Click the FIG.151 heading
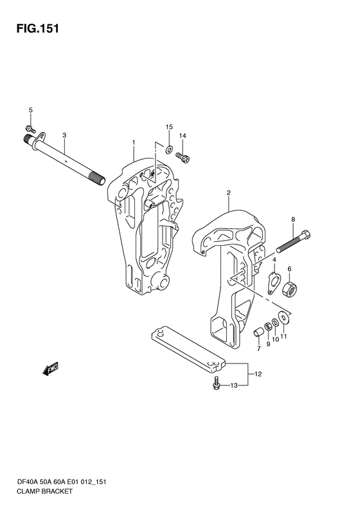(38, 28)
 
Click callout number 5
(31, 110)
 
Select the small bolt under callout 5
(31, 129)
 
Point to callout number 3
(64, 135)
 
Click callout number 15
(169, 127)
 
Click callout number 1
(133, 142)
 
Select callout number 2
(229, 193)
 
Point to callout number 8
(293, 219)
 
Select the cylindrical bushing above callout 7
(258, 333)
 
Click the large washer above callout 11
(283, 317)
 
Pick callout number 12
(258, 375)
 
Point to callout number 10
(275, 339)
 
